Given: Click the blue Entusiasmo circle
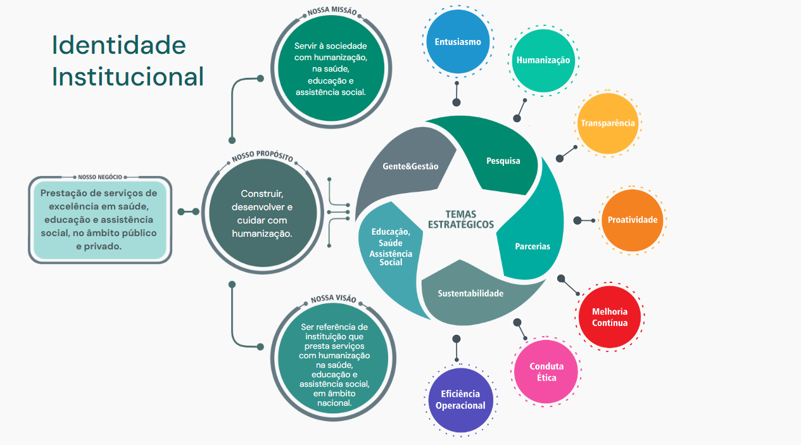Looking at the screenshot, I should tap(458, 42).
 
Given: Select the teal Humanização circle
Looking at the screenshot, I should tap(543, 61).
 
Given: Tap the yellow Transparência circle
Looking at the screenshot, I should tap(609, 123).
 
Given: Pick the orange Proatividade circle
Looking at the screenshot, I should tap(632, 220).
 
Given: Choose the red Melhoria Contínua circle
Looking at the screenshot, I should tap(610, 317).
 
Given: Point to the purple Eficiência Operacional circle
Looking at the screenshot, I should tap(460, 400).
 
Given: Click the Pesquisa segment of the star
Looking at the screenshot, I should tap(503, 161).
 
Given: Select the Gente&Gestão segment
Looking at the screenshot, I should tap(410, 166).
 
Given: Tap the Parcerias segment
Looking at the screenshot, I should tap(533, 246).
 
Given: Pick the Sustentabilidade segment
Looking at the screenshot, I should tap(470, 294).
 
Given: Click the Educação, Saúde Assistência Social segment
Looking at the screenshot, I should tap(391, 247).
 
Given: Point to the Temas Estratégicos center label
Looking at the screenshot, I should tap(461, 219).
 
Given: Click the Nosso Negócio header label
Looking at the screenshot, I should tap(99, 177).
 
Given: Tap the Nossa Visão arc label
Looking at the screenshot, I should tap(333, 299).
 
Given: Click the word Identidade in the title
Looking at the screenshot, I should tap(119, 46).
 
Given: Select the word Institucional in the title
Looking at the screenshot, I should tap(128, 77).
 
